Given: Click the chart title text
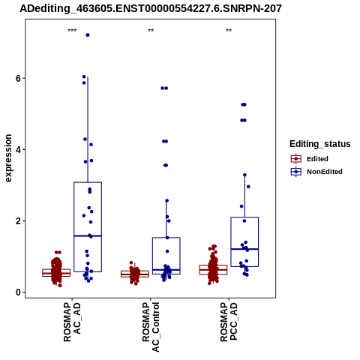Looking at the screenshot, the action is pyautogui.click(x=151, y=9).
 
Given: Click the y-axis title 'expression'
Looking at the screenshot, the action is pyautogui.click(x=8, y=158).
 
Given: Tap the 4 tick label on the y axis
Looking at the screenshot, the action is pyautogui.click(x=18, y=150).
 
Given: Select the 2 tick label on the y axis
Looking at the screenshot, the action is pyautogui.click(x=18, y=221).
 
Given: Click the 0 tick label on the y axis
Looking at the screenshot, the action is pyautogui.click(x=18, y=292).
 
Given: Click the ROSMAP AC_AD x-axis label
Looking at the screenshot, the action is pyautogui.click(x=72, y=322).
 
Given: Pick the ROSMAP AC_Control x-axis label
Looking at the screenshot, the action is pyautogui.click(x=151, y=327).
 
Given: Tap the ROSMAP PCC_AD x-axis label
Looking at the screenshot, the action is pyautogui.click(x=229, y=322).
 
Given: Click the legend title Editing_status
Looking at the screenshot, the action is pyautogui.click(x=320, y=144).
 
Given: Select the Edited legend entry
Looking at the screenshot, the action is pyautogui.click(x=310, y=159).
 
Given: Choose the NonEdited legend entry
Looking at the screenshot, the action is pyautogui.click(x=316, y=172).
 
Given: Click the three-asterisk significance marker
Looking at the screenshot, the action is pyautogui.click(x=72, y=31).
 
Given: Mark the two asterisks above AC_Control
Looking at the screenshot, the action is pyautogui.click(x=151, y=31).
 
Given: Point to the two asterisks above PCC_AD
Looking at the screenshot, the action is pyautogui.click(x=229, y=31).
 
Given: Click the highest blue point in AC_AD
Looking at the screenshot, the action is pyautogui.click(x=88, y=35).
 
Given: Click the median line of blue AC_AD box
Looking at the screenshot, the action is pyautogui.click(x=88, y=235).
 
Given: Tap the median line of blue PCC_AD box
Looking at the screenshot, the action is pyautogui.click(x=244, y=249).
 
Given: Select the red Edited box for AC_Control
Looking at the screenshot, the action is pyautogui.click(x=135, y=274).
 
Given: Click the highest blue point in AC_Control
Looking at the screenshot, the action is pyautogui.click(x=164, y=88).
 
